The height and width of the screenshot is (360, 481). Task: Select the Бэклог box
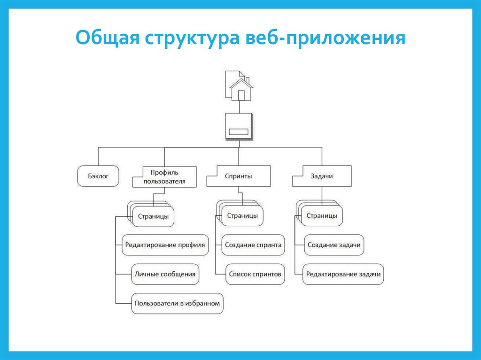click(x=98, y=176)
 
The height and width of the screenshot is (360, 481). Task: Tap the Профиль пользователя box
click(x=164, y=176)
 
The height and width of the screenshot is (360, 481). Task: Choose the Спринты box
click(x=239, y=176)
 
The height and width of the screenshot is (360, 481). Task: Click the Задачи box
click(x=322, y=176)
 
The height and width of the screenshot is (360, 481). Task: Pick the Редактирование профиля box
click(x=165, y=245)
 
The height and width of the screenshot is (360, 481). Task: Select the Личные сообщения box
click(x=164, y=274)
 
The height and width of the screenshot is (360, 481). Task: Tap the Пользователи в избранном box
click(x=177, y=303)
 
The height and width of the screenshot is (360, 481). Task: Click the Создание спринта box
click(x=253, y=245)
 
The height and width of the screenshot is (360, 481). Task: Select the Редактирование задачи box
click(x=343, y=274)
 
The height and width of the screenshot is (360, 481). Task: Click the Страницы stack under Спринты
click(x=241, y=215)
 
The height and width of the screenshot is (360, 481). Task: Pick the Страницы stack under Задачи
click(x=321, y=215)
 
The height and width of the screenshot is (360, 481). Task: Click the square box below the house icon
click(x=240, y=126)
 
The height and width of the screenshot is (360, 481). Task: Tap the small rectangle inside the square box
click(x=240, y=131)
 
